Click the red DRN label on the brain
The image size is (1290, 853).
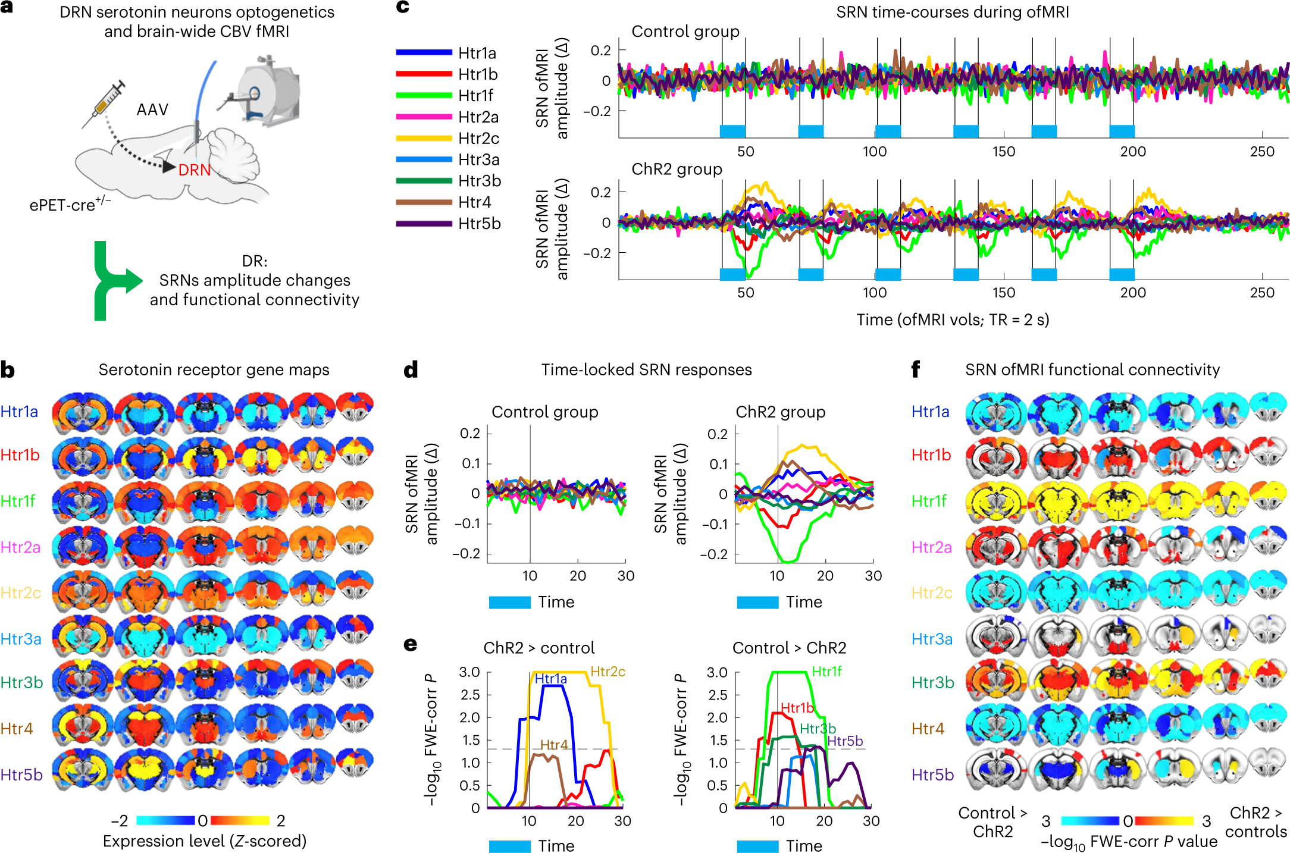tap(195, 170)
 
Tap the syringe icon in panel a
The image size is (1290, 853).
tap(106, 104)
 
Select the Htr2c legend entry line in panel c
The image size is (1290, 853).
tap(424, 138)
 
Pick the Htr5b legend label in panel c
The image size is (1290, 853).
tap(479, 224)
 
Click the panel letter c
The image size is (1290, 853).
tap(403, 7)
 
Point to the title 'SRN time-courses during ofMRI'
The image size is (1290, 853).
tap(952, 12)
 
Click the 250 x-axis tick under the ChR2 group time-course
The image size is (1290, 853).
tap(1261, 293)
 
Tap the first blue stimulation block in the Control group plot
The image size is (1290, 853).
tap(732, 131)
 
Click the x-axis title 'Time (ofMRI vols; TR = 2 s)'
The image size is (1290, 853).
tap(952, 319)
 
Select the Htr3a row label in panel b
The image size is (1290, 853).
tap(21, 639)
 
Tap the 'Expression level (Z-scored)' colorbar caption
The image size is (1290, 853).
tap(205, 841)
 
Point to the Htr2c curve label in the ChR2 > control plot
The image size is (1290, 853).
tap(608, 672)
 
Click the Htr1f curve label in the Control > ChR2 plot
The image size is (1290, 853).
tap(826, 672)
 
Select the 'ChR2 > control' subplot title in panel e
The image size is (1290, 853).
tap(538, 648)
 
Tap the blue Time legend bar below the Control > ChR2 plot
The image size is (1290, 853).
tap(757, 846)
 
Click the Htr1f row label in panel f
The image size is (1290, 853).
tap(929, 501)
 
